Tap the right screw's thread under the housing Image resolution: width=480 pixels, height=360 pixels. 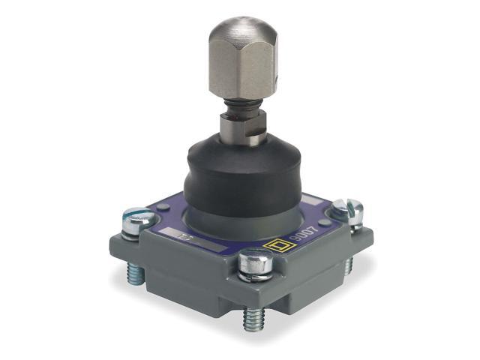(x=349, y=264)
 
